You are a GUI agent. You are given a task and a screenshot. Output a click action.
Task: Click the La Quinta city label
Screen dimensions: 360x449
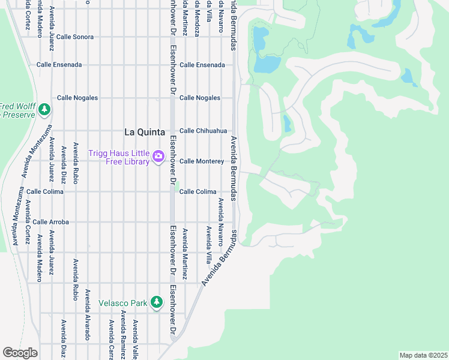[x=145, y=132]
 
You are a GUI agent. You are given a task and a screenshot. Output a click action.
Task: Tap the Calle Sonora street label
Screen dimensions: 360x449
[x=75, y=37]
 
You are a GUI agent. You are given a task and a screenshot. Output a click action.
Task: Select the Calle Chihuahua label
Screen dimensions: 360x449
[x=203, y=131]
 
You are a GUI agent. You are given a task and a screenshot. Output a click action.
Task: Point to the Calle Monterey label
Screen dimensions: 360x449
[x=202, y=161]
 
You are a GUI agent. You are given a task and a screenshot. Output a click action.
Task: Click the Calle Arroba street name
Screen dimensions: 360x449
[x=51, y=222]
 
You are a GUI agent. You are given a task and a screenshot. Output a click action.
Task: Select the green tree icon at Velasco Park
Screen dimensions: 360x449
[x=157, y=302]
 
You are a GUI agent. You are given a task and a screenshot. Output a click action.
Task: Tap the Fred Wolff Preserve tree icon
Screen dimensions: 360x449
[x=44, y=109]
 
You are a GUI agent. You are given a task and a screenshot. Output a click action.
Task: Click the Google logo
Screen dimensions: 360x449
[x=20, y=353]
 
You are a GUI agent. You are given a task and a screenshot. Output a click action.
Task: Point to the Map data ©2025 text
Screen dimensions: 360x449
[x=423, y=355]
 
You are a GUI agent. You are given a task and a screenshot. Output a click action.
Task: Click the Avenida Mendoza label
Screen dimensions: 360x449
[x=197, y=21]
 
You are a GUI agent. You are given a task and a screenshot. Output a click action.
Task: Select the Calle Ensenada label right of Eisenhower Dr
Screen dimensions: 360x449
[x=202, y=65]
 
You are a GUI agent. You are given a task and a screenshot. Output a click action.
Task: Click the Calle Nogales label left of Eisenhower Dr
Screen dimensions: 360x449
[x=77, y=98]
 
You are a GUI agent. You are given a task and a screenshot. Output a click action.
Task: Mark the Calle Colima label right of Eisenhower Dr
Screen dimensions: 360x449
[x=198, y=192]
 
